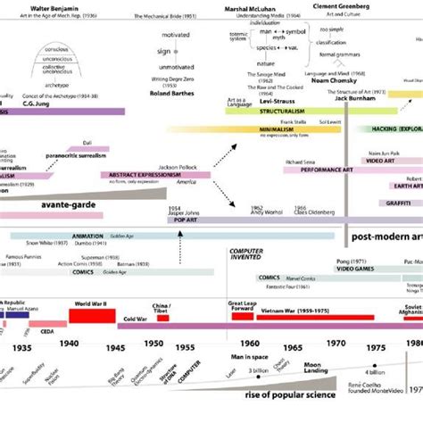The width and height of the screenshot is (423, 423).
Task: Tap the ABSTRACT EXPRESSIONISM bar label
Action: [x=145, y=175]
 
